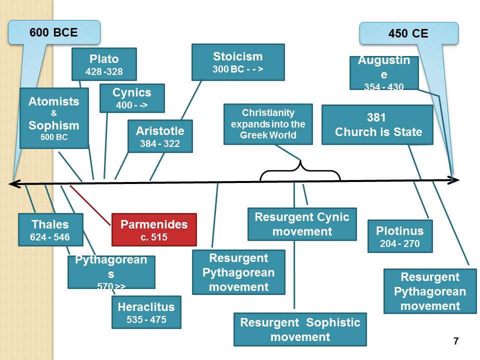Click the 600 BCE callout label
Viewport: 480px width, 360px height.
click(54, 32)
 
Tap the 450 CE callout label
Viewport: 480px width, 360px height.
click(408, 33)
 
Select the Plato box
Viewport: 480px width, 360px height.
click(104, 64)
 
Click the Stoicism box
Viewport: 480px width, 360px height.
click(238, 62)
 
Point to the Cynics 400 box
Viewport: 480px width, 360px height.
click(132, 98)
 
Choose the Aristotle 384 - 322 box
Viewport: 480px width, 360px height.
click(160, 136)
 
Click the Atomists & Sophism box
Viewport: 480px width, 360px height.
click(54, 118)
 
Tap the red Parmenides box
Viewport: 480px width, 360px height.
click(154, 229)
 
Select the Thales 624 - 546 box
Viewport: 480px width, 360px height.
click(50, 229)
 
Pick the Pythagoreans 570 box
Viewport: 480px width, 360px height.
click(111, 272)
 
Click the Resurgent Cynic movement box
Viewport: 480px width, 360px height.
click(302, 224)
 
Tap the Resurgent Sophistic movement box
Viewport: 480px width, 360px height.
click(300, 329)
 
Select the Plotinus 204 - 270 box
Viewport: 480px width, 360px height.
click(399, 236)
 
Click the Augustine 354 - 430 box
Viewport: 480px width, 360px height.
click(383, 73)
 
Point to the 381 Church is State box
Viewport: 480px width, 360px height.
click(377, 125)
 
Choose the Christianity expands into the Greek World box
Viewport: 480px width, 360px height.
click(268, 124)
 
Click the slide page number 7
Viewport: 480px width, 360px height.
click(455, 341)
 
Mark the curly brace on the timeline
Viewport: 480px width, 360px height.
click(300, 171)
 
